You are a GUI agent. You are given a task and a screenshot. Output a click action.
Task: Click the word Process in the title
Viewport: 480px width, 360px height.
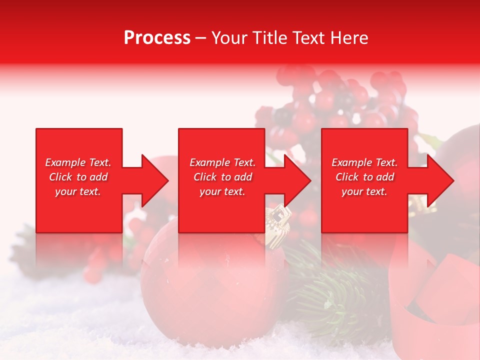(x=157, y=38)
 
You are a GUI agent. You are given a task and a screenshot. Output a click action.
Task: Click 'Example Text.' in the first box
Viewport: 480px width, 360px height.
(x=78, y=162)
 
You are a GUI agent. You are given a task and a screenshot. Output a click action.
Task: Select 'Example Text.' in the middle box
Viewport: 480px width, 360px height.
(x=222, y=162)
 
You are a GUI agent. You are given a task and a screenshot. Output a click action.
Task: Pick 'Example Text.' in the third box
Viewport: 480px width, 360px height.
(x=364, y=162)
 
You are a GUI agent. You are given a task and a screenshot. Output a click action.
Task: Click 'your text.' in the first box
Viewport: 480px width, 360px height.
(x=78, y=191)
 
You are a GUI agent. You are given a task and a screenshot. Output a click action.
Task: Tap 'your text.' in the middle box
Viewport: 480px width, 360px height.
(x=222, y=191)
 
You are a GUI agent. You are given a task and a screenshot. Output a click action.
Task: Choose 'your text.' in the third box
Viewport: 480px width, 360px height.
(x=364, y=191)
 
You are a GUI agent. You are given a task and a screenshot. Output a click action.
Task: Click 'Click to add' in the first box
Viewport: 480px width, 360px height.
(x=78, y=177)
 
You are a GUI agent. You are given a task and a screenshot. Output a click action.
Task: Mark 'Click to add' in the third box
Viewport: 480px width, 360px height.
(x=364, y=177)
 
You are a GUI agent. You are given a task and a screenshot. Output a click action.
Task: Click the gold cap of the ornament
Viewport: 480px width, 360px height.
(x=276, y=225)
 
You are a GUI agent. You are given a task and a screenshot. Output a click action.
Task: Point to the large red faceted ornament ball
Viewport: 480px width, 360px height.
(x=210, y=290)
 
